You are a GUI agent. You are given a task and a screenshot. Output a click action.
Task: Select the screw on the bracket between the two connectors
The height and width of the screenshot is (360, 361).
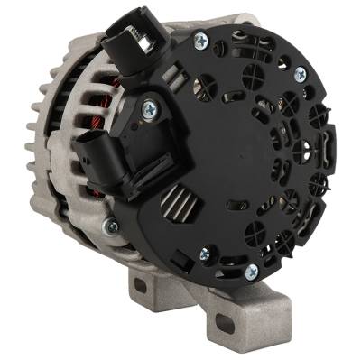click(x=149, y=109)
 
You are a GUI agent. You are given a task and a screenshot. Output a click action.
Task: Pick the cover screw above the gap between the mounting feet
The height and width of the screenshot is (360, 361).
click(x=204, y=254)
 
